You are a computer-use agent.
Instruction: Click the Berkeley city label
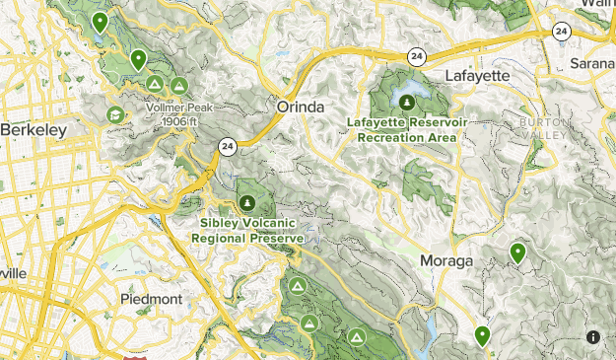(x=34, y=129)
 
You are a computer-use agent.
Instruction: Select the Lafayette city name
(x=477, y=75)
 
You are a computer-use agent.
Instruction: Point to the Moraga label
(x=445, y=260)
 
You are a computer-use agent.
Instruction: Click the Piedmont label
(x=151, y=298)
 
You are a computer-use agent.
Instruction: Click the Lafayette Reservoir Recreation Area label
(x=406, y=129)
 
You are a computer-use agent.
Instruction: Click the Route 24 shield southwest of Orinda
(x=228, y=147)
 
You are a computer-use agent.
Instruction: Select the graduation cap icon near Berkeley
(x=115, y=114)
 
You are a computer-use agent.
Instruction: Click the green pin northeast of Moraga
(x=517, y=253)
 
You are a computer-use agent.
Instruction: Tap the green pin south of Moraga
(x=482, y=336)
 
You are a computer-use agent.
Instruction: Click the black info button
(x=592, y=336)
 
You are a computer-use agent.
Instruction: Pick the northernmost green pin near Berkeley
(x=99, y=22)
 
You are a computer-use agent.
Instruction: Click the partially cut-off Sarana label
(x=592, y=63)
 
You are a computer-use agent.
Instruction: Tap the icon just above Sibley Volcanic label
(x=246, y=187)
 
